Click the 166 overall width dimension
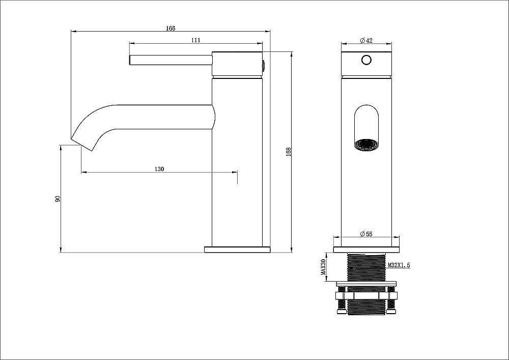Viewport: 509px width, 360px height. tap(170, 29)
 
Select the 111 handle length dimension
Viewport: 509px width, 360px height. tap(195, 40)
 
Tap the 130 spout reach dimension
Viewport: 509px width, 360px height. tap(159, 170)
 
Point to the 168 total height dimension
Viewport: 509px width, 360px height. tap(288, 151)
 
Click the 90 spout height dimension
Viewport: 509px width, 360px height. tap(58, 199)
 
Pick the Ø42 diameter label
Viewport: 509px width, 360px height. tap(366, 40)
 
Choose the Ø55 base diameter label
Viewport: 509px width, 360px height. tap(366, 234)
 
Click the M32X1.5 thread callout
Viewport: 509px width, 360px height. tap(400, 265)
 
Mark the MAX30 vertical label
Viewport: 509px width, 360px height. tap(323, 266)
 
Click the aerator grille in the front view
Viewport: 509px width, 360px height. tap(366, 145)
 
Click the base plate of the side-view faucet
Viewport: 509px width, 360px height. tap(237, 250)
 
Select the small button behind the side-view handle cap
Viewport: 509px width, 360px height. tap(264, 64)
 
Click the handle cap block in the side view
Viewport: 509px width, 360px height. tap(237, 64)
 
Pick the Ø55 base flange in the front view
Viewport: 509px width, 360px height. tap(366, 250)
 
